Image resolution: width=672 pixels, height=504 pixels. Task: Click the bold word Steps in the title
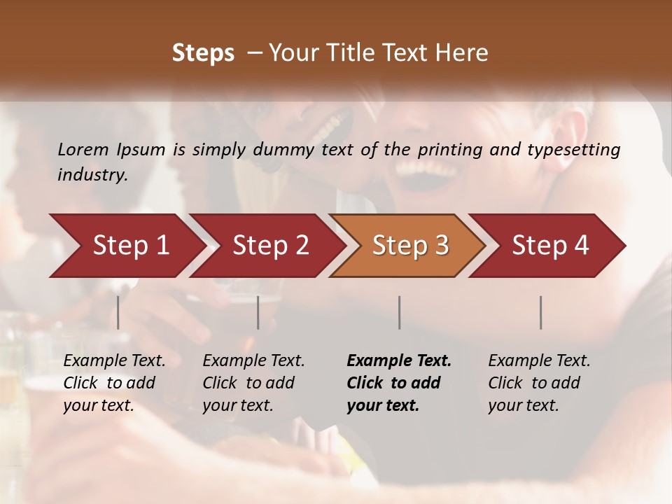(203, 53)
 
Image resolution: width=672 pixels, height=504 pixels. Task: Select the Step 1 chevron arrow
(126, 246)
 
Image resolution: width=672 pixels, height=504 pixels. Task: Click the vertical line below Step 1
(118, 312)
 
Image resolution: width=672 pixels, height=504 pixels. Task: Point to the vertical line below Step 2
(258, 312)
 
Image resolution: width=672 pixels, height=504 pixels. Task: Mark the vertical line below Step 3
(400, 312)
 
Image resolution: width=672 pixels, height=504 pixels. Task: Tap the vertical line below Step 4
(541, 312)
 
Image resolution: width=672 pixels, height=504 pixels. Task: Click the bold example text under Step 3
(398, 383)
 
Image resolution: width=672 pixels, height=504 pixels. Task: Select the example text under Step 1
(114, 383)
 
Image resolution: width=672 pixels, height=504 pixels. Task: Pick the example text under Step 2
(253, 383)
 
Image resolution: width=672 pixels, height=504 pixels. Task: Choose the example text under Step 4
(539, 383)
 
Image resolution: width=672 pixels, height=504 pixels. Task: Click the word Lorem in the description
(83, 149)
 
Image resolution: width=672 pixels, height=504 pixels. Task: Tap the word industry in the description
(92, 175)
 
